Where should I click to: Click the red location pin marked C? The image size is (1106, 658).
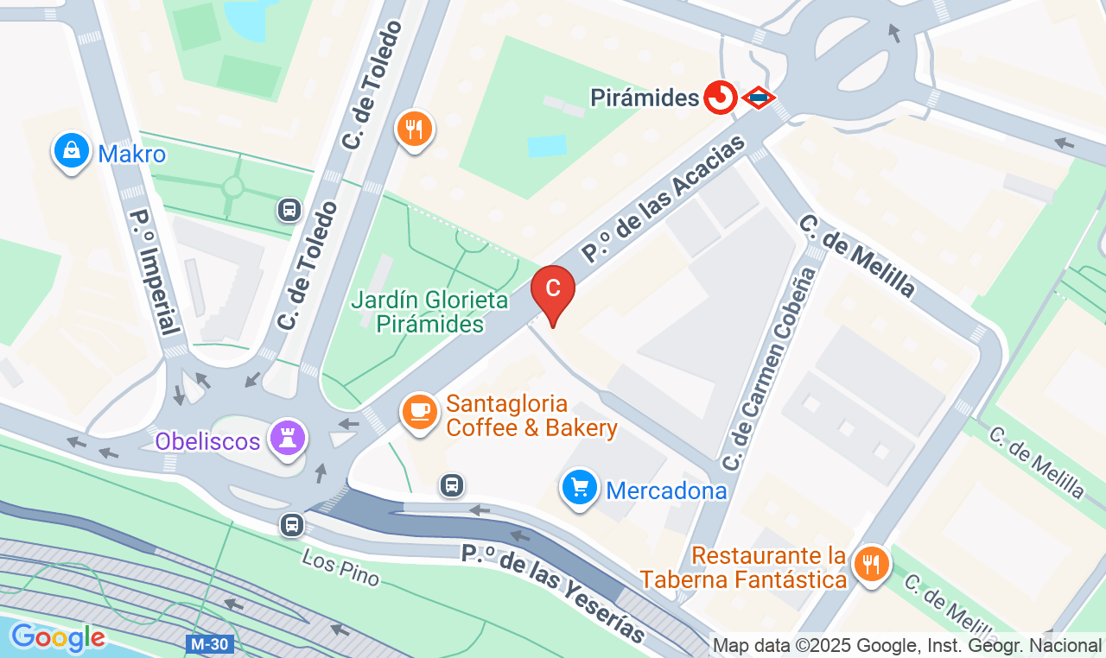[x=553, y=288]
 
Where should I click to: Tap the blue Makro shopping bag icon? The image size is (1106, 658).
[x=72, y=151]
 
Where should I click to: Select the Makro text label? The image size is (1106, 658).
[x=131, y=155]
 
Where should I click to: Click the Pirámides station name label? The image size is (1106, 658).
[x=644, y=98]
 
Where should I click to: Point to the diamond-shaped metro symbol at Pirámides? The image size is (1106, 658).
[x=758, y=98]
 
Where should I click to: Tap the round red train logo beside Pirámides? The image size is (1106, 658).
[x=719, y=98]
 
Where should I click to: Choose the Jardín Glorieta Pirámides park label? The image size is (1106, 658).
[x=429, y=312]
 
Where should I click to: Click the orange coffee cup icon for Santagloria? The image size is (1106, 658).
[x=420, y=411]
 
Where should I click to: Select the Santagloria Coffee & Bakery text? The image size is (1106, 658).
[x=531, y=416]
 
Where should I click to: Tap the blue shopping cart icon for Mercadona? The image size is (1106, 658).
[x=579, y=489]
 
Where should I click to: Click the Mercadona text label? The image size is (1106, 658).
[x=666, y=491]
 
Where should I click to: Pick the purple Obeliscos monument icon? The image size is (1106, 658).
[x=286, y=438]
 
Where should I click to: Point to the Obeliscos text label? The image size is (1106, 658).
[x=207, y=442]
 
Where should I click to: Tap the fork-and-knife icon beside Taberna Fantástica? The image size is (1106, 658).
[x=871, y=565]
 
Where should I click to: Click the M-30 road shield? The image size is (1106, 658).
[x=209, y=644]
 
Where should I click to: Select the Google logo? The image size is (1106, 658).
[x=57, y=638]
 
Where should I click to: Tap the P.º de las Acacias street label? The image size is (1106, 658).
[x=663, y=199]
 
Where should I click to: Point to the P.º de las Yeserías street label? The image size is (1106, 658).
[x=553, y=593]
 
